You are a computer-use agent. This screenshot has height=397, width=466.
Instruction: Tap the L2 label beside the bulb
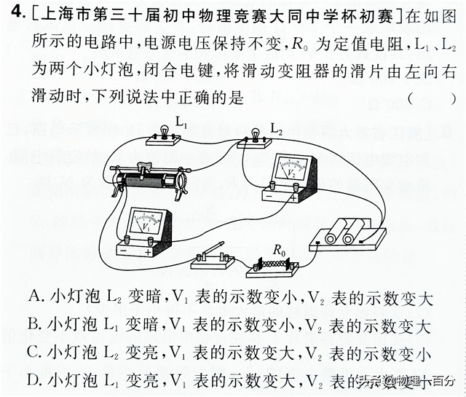(277, 128)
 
